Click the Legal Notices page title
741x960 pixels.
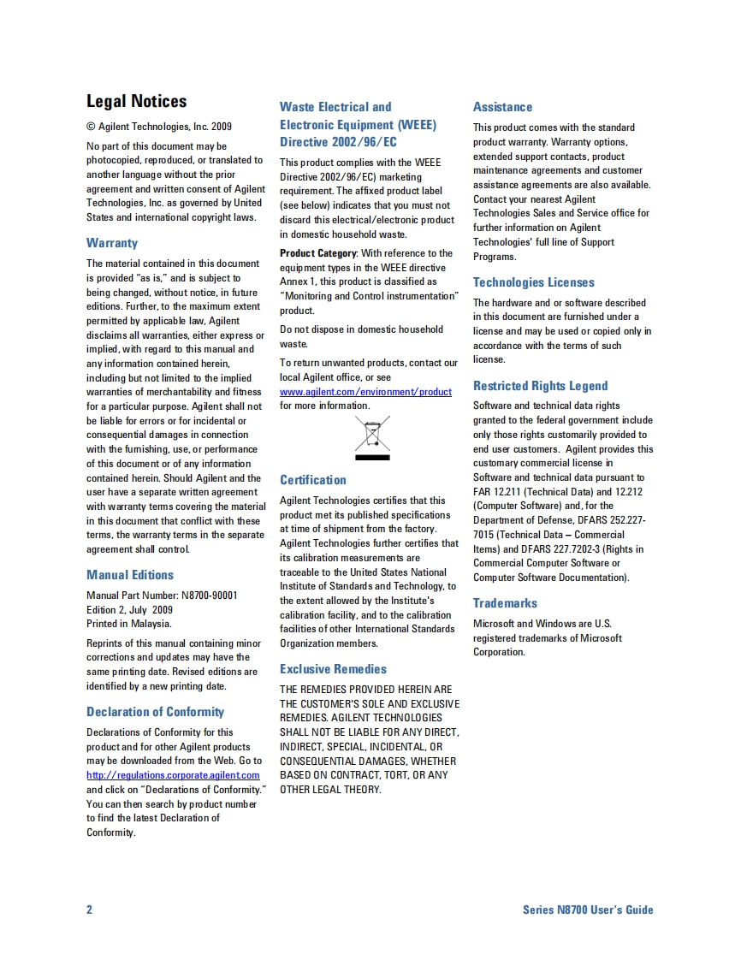(136, 102)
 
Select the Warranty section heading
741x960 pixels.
(112, 243)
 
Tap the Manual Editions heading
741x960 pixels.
(130, 575)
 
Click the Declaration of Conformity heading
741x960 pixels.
(155, 712)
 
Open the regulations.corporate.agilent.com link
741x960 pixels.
(173, 775)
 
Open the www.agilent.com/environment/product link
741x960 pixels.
(365, 392)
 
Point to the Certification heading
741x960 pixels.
(313, 480)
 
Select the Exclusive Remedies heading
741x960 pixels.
(333, 669)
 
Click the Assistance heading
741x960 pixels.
(502, 107)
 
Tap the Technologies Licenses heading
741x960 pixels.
(533, 282)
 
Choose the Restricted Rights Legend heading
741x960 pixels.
(540, 386)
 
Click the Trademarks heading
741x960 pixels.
(505, 603)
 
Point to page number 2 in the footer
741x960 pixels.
(89, 910)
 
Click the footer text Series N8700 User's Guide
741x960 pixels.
(588, 910)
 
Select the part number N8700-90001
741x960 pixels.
(210, 596)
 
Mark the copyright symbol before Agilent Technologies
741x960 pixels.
(91, 127)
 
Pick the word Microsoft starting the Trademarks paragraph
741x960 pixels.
(493, 624)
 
